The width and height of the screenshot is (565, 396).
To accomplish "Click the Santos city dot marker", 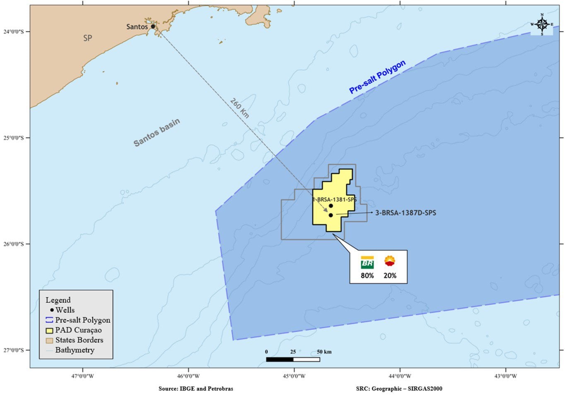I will pyautogui.click(x=153, y=27).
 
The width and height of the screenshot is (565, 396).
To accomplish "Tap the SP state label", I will pyautogui.click(x=87, y=38).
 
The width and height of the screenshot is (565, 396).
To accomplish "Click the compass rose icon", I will pyautogui.click(x=542, y=24).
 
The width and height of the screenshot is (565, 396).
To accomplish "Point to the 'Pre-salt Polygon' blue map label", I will pyautogui.click(x=377, y=77).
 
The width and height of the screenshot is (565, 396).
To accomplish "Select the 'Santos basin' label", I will pyautogui.click(x=157, y=133).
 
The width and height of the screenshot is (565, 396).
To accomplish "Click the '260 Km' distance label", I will pyautogui.click(x=239, y=108).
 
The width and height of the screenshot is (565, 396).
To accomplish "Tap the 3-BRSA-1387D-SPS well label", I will pyautogui.click(x=406, y=213).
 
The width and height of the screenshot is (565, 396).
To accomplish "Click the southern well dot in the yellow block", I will pyautogui.click(x=331, y=215).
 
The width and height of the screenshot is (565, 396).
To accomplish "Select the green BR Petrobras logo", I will pyautogui.click(x=367, y=263).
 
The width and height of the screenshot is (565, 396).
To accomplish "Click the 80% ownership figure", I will pyautogui.click(x=367, y=275).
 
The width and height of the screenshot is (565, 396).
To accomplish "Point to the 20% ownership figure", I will pyautogui.click(x=390, y=275).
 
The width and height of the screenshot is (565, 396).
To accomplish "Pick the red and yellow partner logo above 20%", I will pyautogui.click(x=390, y=261).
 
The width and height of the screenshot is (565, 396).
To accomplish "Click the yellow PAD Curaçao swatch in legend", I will pyautogui.click(x=49, y=331).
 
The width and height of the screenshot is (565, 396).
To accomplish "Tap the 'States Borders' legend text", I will pyautogui.click(x=79, y=340).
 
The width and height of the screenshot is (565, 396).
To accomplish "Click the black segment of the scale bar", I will pyautogui.click(x=280, y=360).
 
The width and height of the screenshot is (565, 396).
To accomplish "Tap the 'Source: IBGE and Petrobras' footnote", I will pyautogui.click(x=196, y=389).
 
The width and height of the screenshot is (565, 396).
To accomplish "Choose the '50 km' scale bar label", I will pyautogui.click(x=324, y=352).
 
